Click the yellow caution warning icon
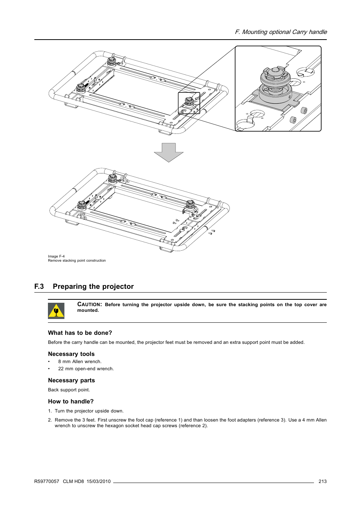coord(56,311)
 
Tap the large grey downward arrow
coord(169,152)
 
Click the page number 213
coord(322,481)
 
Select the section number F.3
coord(39,287)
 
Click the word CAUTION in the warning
coord(89,304)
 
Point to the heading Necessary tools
coord(71,354)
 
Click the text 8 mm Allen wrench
coord(80,362)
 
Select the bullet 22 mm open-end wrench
coord(86,369)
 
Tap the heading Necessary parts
coord(71,380)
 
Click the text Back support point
coord(69,390)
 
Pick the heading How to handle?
coord(71,402)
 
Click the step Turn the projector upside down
coord(89,411)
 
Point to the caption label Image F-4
coord(56,256)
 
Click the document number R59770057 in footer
coord(47,481)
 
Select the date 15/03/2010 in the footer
coord(98,481)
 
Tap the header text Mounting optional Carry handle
coord(284,32)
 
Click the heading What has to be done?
coord(80,333)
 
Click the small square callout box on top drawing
coord(189,103)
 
